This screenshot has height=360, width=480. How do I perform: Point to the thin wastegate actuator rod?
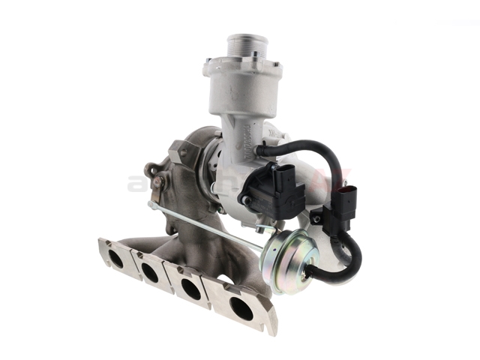click(x=210, y=224)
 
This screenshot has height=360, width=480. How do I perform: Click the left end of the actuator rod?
click(x=152, y=204)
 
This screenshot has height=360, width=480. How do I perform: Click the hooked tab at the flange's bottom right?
click(x=271, y=325)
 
